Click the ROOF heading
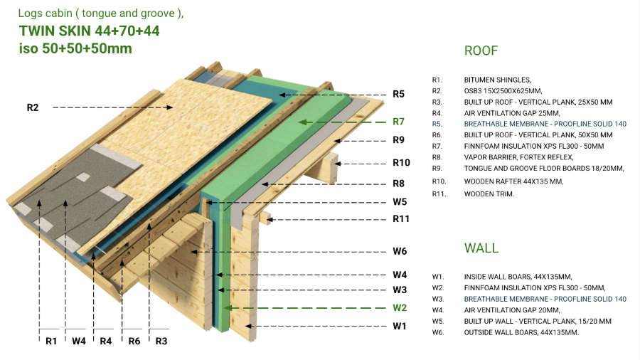click(481, 51)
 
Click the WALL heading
click(481, 248)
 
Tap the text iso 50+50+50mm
click(75, 48)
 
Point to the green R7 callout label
click(398, 122)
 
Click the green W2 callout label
click(400, 308)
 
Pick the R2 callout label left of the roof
click(33, 107)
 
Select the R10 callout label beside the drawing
click(402, 163)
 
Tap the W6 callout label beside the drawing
click(400, 251)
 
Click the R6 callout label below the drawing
click(134, 341)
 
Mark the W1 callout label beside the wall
click(400, 327)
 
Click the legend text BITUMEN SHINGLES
click(497, 80)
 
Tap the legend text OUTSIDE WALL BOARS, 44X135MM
click(521, 332)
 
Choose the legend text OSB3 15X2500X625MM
click(503, 91)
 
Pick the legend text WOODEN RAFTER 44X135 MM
click(513, 181)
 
